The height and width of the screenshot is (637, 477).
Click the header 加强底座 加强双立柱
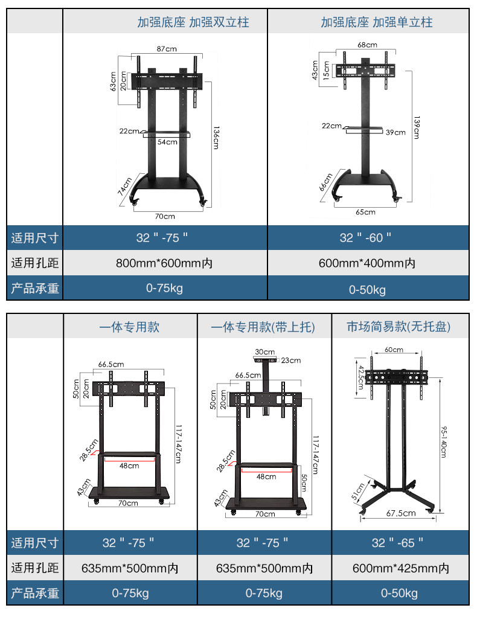click(193, 23)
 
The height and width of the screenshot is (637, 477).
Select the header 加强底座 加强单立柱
click(376, 23)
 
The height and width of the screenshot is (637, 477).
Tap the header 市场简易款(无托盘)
click(399, 327)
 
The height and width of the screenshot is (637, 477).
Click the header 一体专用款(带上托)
click(263, 327)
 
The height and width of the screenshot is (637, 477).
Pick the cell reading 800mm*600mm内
click(164, 263)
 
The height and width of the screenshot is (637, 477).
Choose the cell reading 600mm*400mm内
click(367, 263)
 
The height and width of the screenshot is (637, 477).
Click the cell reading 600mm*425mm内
click(400, 568)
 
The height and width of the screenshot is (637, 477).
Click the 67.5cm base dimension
click(401, 513)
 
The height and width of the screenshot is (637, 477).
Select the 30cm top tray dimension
click(264, 351)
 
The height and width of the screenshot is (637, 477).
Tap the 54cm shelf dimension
click(167, 142)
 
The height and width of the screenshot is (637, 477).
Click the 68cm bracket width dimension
click(367, 45)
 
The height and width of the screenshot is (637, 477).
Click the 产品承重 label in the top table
click(35, 288)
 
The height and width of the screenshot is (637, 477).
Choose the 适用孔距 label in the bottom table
click(35, 568)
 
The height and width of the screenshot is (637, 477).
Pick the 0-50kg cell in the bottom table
click(399, 594)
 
